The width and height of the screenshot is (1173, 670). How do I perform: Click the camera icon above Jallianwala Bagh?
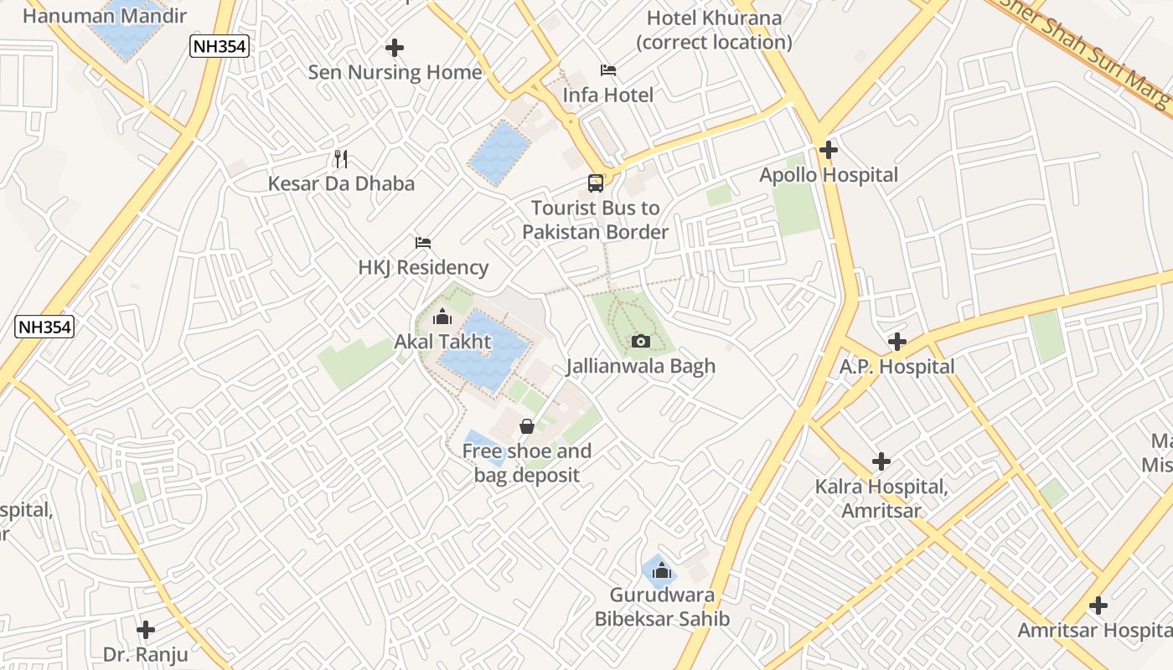[641, 341]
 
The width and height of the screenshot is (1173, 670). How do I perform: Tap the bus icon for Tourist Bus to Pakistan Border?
[595, 183]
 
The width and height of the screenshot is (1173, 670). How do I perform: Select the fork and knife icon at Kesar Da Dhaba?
[340, 158]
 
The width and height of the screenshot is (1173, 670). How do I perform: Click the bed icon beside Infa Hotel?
[608, 70]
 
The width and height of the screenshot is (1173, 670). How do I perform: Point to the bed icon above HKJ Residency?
[423, 243]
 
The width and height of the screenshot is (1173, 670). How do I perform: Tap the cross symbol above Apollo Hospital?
[829, 150]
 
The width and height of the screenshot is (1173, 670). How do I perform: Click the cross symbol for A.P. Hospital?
[897, 342]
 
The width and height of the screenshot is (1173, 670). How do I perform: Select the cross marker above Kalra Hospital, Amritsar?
[881, 461]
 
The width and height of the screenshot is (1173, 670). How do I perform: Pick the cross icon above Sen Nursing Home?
[395, 48]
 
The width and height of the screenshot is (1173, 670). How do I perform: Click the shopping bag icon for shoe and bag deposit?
[527, 426]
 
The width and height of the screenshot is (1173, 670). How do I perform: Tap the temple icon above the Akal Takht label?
[442, 317]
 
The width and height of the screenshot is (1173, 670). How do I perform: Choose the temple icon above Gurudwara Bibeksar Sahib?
[662, 570]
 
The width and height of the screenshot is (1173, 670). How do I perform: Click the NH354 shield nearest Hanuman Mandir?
[220, 47]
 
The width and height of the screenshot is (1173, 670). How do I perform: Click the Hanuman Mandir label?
[105, 15]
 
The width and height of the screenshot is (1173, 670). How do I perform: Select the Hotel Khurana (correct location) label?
[715, 29]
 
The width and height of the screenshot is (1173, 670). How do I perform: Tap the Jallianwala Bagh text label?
[641, 366]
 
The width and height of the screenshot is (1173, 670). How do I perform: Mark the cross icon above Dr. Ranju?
[146, 629]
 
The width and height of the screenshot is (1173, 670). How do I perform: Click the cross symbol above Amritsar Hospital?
[1098, 606]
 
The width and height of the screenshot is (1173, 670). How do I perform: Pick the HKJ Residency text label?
[423, 267]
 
